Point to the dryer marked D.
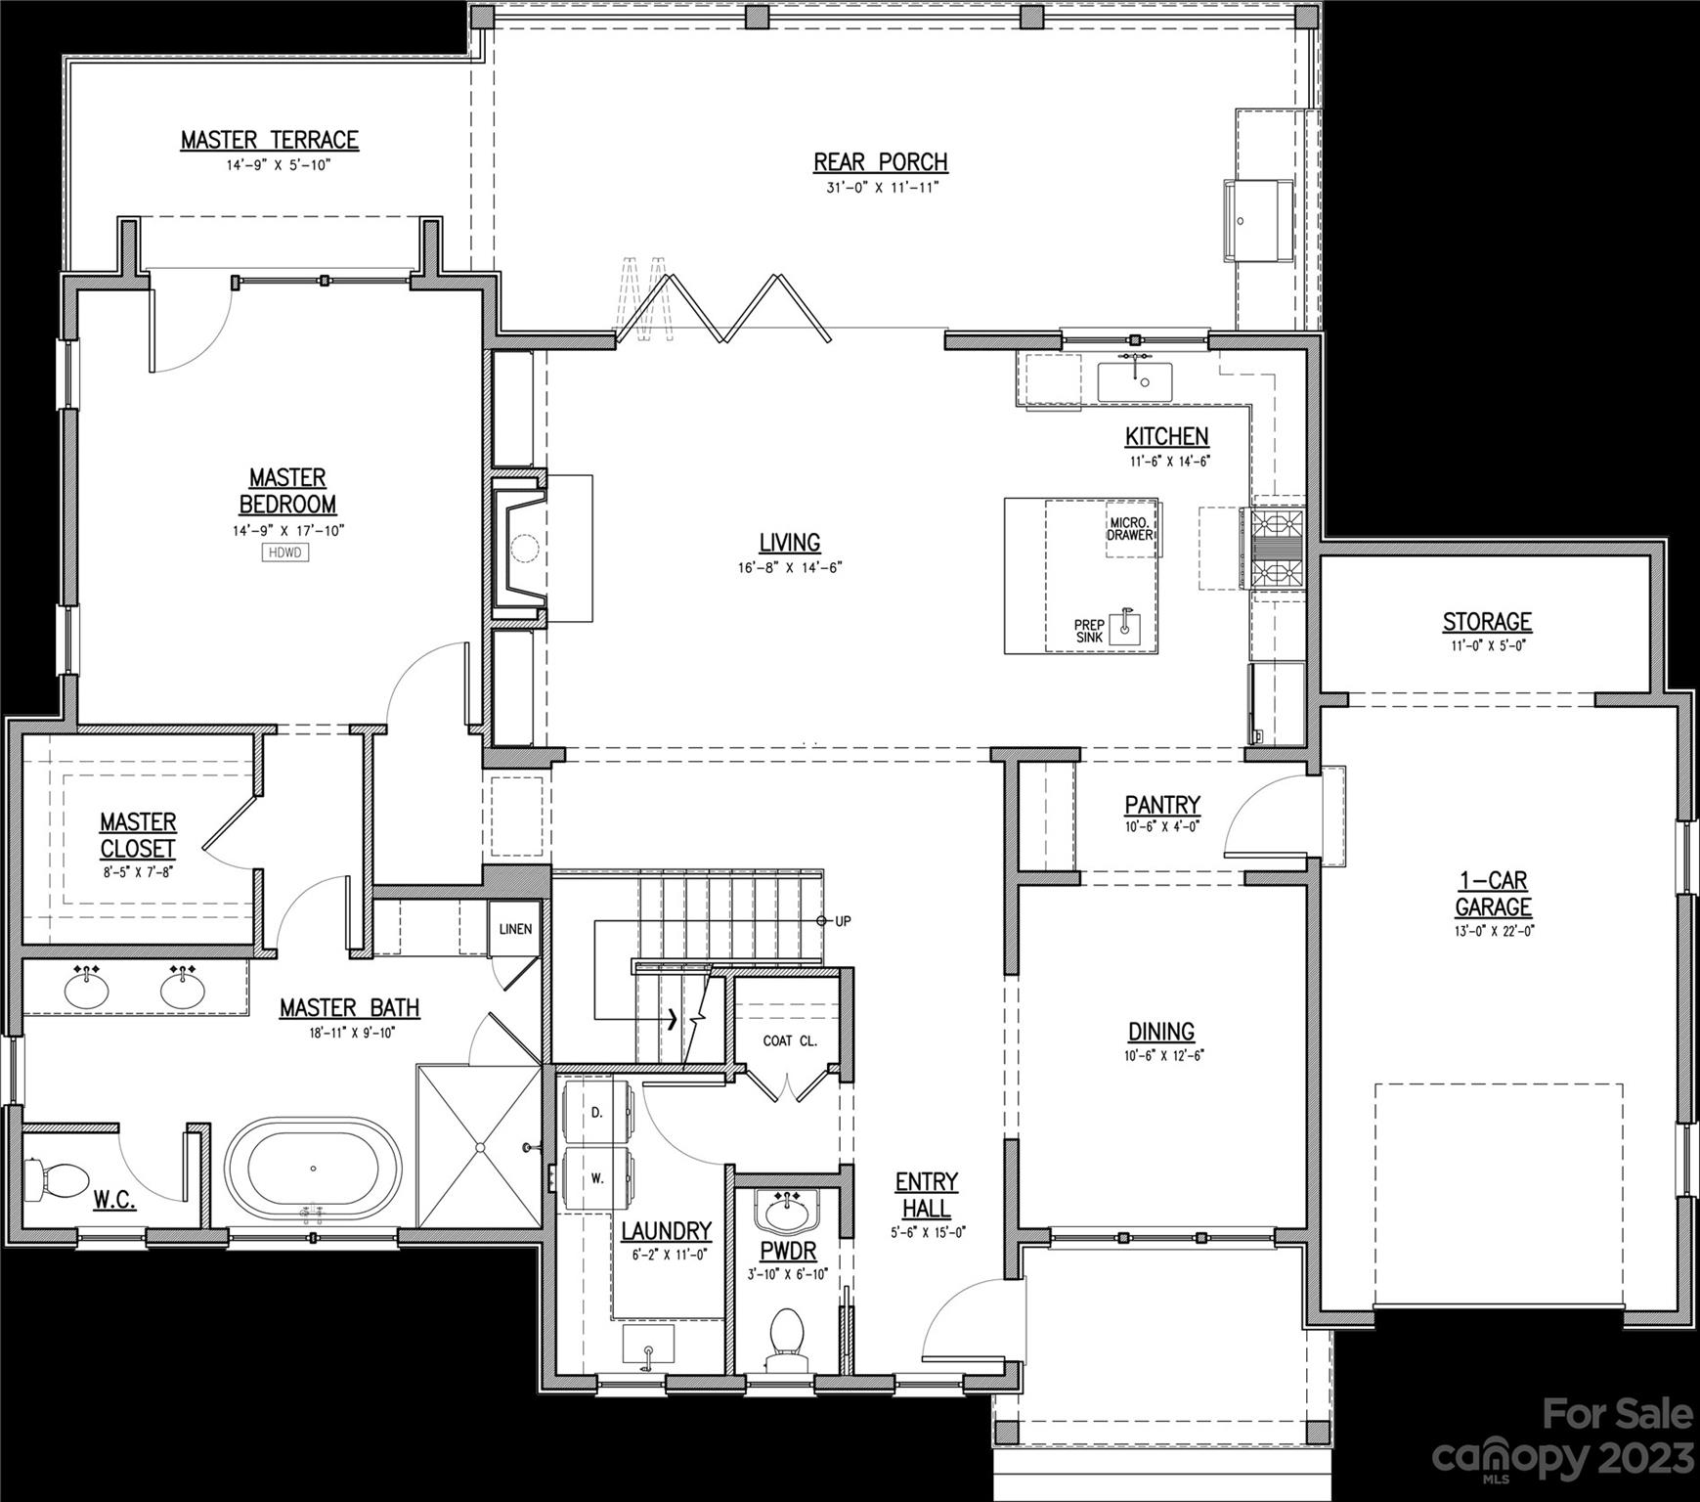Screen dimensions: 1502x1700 597,1113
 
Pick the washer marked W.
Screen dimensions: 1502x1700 597,1177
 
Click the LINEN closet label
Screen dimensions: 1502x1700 515,928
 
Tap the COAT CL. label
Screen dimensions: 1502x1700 789,1040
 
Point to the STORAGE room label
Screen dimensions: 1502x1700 1487,621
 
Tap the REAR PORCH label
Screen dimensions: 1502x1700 880,161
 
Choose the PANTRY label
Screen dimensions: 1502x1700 1161,805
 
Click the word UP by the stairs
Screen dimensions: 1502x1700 843,921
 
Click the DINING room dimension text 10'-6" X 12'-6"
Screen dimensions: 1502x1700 1161,1056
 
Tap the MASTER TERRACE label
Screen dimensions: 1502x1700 270,140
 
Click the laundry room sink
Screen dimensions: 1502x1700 647,1344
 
